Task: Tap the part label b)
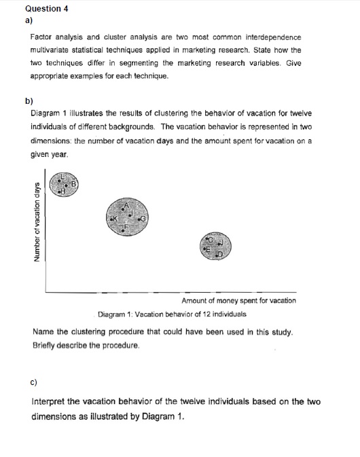click(29, 100)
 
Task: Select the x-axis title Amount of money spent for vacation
click(238, 300)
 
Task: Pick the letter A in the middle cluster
click(126, 204)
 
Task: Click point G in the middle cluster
click(143, 219)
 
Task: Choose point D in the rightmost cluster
click(219, 255)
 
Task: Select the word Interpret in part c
click(50, 401)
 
